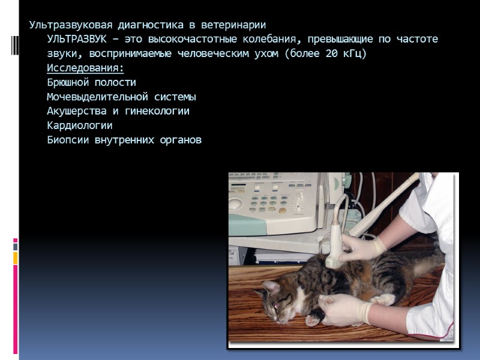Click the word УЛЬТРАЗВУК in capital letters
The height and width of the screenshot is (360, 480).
(74, 40)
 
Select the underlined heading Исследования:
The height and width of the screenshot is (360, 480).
(85, 68)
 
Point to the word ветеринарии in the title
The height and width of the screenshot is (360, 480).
(235, 25)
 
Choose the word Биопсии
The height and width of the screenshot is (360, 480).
(67, 140)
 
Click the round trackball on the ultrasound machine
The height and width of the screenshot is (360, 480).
(236, 203)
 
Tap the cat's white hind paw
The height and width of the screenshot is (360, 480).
(385, 298)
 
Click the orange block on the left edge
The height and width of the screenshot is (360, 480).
(16, 257)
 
